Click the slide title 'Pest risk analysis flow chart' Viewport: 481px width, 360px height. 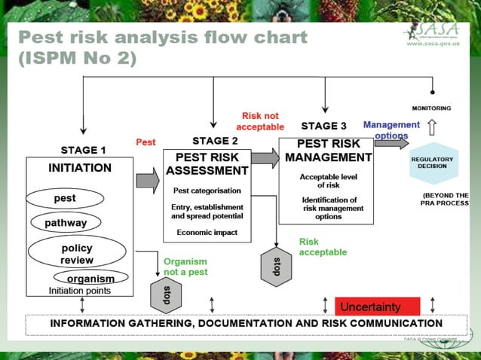[x=162, y=38]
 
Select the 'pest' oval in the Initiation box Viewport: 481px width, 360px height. [x=65, y=199]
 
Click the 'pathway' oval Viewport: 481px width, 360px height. [x=66, y=223]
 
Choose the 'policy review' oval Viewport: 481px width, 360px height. [x=77, y=253]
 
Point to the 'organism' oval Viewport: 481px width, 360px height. [x=90, y=278]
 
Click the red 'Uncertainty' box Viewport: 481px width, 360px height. [x=377, y=307]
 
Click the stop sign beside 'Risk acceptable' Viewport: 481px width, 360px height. [x=277, y=265]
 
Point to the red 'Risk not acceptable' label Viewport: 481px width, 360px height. [x=260, y=121]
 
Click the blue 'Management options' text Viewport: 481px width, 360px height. [x=391, y=130]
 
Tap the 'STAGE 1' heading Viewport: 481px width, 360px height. [x=84, y=150]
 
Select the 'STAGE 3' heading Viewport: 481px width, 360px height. [x=323, y=126]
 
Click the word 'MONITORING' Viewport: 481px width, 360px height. [x=431, y=108]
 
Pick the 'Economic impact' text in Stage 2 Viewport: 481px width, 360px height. [x=207, y=233]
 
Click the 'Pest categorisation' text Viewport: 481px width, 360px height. [x=207, y=191]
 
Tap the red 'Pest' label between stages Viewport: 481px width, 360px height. [x=146, y=142]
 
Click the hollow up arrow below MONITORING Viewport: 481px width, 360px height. [x=432, y=127]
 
